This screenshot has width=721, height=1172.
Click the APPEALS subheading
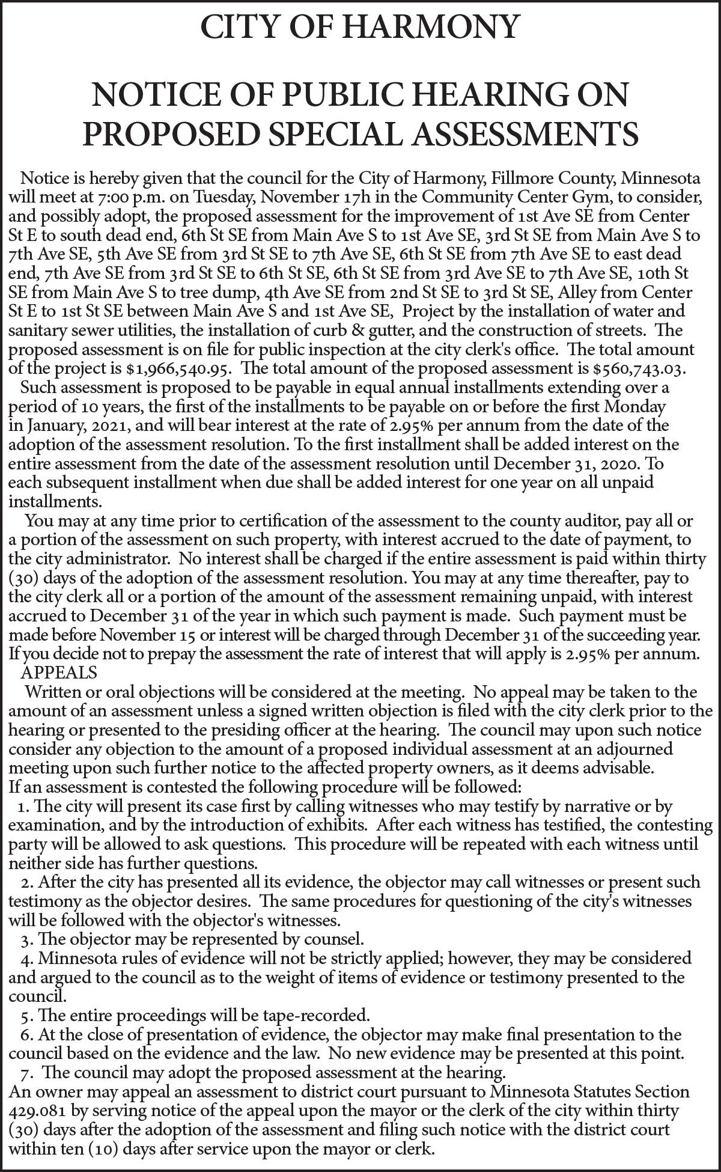(x=59, y=671)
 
